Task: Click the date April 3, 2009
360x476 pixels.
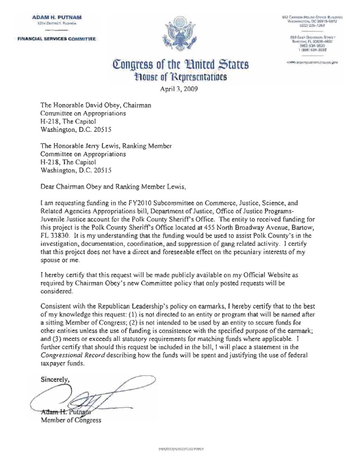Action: click(x=180, y=93)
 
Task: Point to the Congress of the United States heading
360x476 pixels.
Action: click(x=180, y=64)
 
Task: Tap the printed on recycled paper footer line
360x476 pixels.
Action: click(x=180, y=449)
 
